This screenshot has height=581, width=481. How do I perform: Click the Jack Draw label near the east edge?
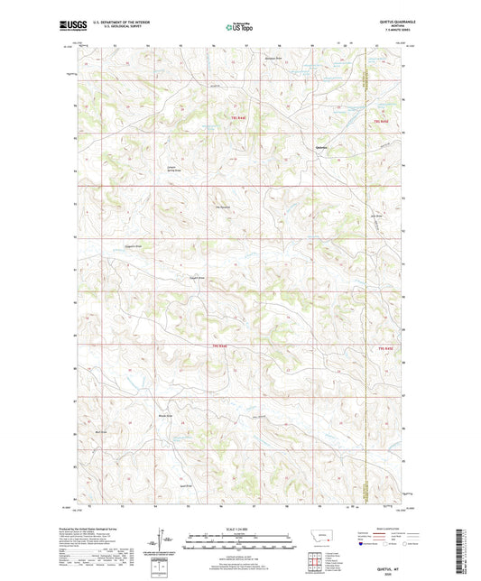[x=377, y=217]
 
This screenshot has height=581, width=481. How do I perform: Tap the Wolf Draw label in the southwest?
[x=102, y=432]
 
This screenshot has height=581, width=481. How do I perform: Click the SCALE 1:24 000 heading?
[x=239, y=528]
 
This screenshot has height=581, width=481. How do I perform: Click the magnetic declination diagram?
[x=166, y=539]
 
